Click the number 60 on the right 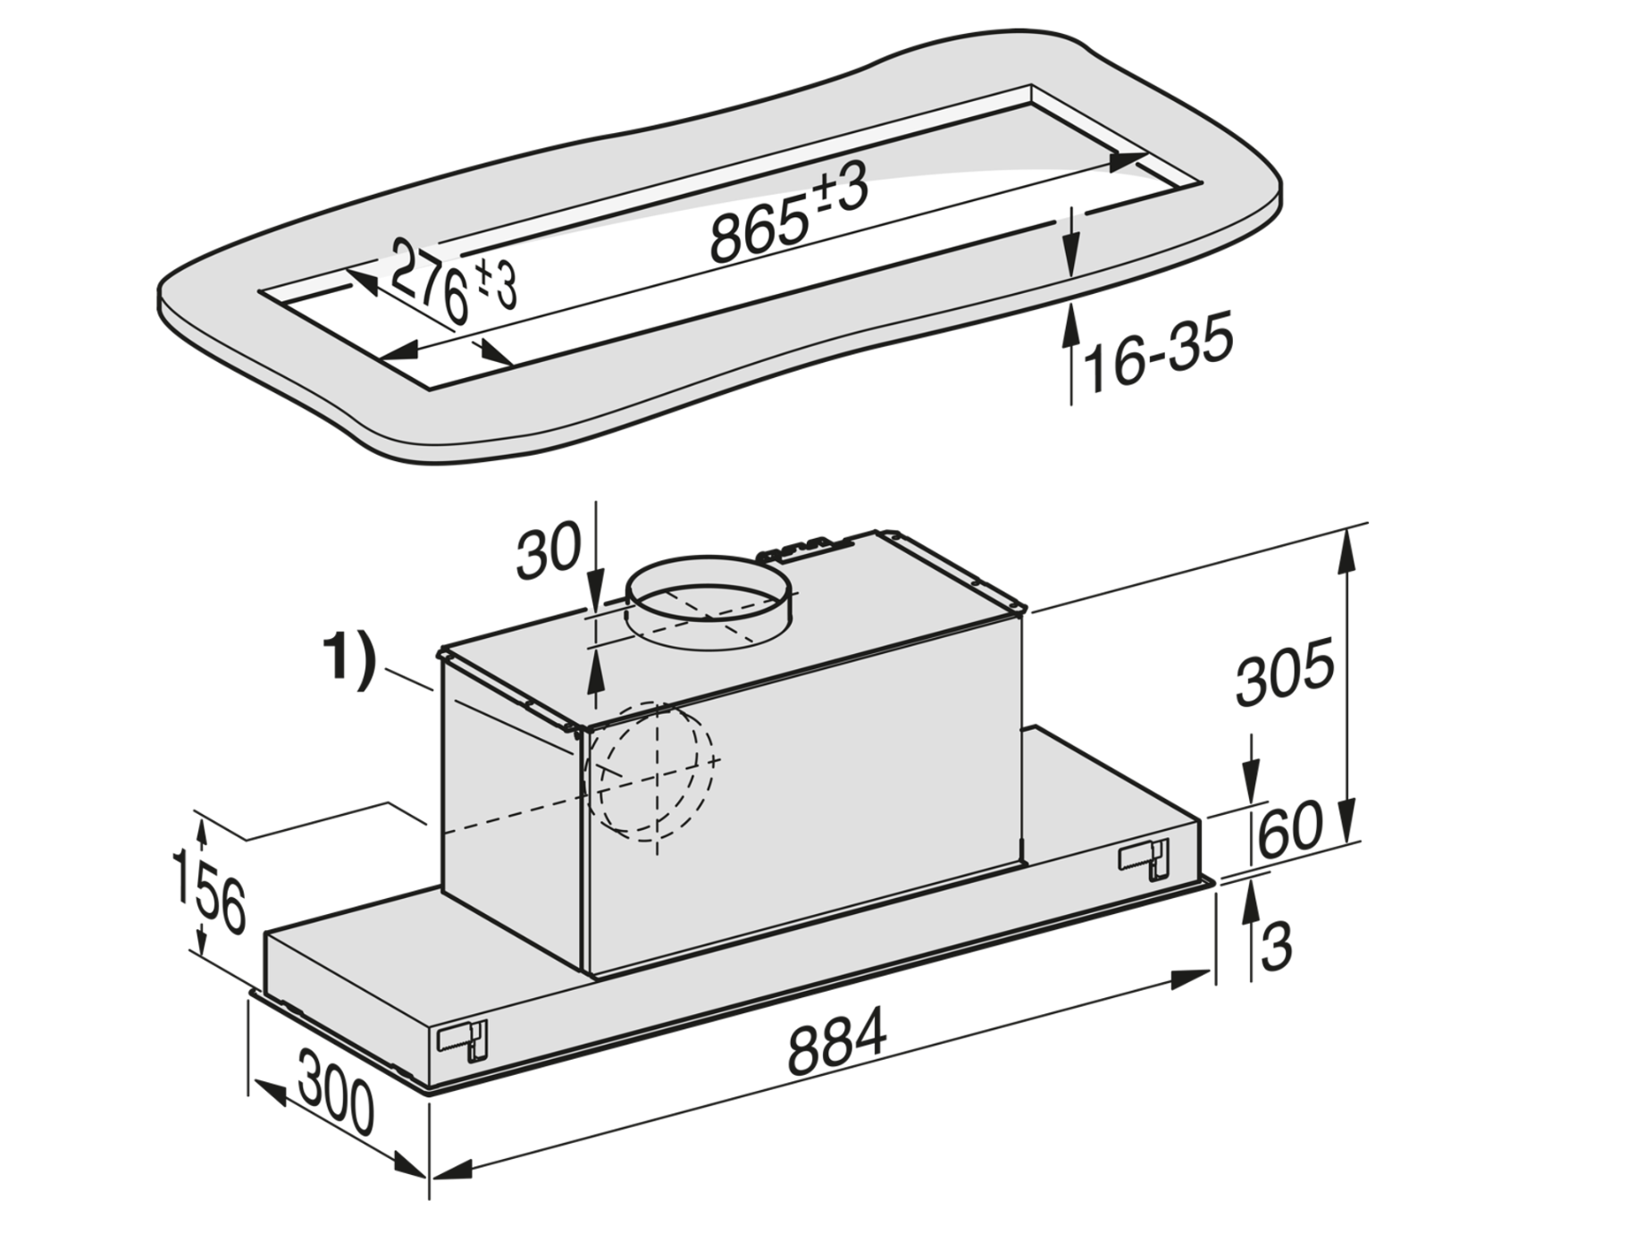click(x=1290, y=827)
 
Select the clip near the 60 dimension click(x=1144, y=860)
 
